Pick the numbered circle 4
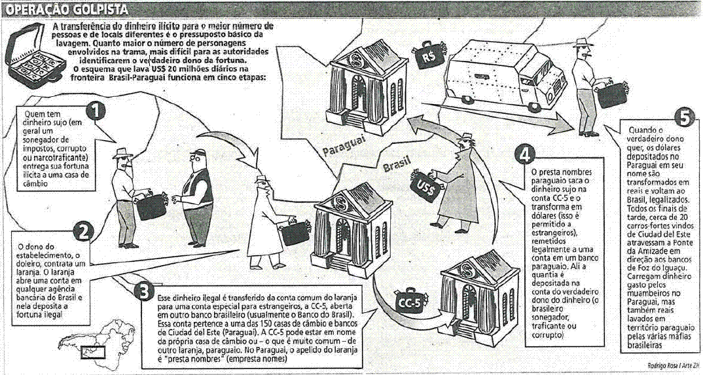524,155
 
